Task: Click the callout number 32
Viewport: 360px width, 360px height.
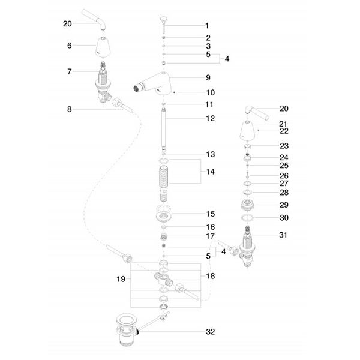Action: click(211, 332)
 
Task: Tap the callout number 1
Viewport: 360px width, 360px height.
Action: click(207, 26)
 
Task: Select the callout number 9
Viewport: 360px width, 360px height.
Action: click(208, 77)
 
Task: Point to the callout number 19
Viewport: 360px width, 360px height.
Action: click(121, 279)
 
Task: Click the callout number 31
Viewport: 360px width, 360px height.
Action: click(283, 235)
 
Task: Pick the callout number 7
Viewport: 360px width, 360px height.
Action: click(70, 71)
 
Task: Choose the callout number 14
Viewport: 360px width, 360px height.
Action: click(211, 172)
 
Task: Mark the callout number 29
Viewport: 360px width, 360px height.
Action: click(284, 205)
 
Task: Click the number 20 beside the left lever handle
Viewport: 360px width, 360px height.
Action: click(67, 23)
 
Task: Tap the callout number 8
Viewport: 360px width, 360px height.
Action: click(70, 109)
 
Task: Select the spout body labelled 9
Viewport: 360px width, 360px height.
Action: click(152, 83)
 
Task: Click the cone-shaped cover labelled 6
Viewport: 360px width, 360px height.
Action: click(103, 47)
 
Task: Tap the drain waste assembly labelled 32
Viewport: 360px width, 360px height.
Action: click(127, 329)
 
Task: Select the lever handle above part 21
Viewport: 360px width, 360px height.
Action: click(256, 113)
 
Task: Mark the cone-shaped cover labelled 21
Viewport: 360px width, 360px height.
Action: click(247, 130)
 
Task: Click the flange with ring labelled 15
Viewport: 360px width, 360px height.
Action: click(163, 214)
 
